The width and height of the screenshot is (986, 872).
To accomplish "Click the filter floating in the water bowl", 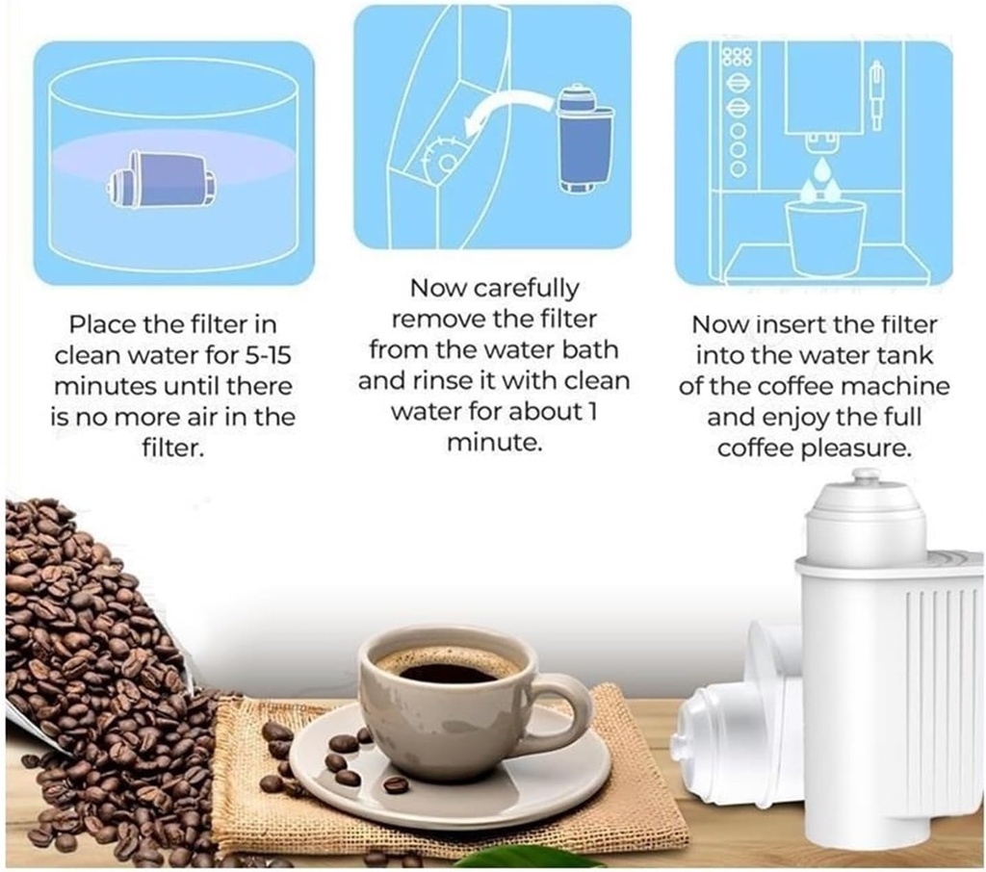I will [162, 179].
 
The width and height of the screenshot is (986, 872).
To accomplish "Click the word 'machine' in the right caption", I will [900, 387].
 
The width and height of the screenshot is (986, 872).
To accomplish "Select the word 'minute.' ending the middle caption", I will [493, 444].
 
